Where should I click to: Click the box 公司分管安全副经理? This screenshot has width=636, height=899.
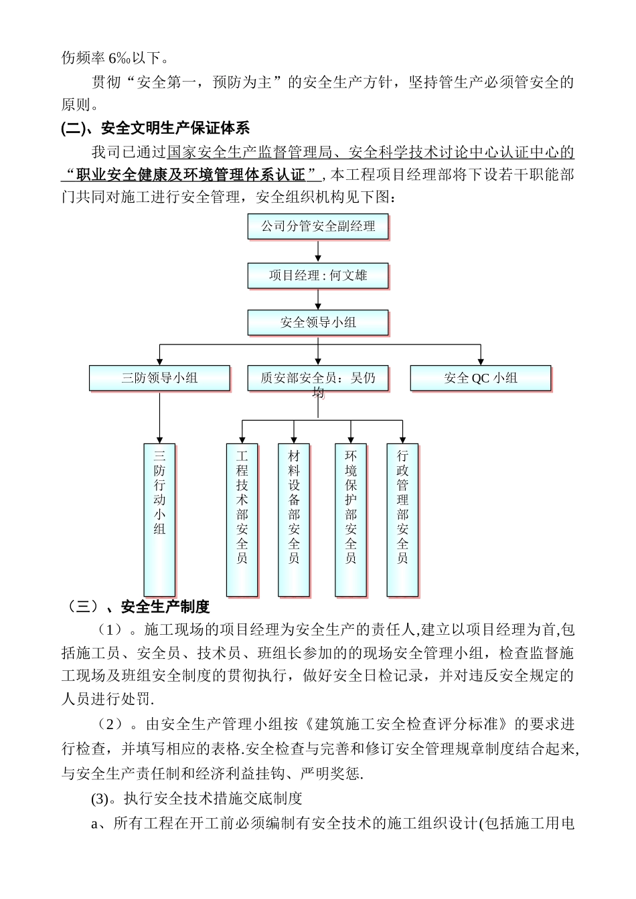[x=318, y=227]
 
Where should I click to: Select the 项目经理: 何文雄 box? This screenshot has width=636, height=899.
[x=318, y=276]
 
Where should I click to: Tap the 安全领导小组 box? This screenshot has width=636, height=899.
[x=318, y=322]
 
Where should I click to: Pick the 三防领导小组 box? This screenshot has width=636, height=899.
[x=159, y=378]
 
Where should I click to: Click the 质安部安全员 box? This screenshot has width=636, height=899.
[x=318, y=378]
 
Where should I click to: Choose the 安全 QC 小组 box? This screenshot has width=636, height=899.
[x=481, y=378]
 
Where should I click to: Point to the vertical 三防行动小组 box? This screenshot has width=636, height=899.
[x=159, y=519]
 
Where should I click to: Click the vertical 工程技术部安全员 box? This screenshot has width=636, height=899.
[x=242, y=519]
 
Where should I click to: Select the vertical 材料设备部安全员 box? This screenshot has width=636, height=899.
[x=294, y=519]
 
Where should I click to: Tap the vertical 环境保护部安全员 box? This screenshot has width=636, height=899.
[x=351, y=519]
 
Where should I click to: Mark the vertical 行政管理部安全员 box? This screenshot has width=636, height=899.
[x=402, y=519]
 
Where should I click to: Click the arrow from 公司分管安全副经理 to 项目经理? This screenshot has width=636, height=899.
[x=318, y=252]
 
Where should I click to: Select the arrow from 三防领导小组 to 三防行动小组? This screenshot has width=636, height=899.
[x=159, y=417]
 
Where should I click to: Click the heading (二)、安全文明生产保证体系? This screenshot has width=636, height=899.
[x=155, y=128]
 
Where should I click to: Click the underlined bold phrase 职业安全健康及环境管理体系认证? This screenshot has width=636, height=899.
[x=191, y=175]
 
